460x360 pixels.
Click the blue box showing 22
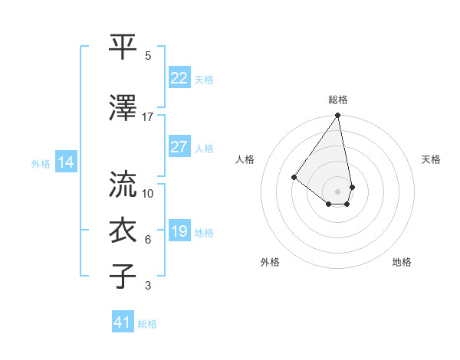[179, 78]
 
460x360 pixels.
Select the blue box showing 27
[179, 147]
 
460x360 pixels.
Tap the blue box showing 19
[179, 231]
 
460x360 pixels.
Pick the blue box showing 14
[65, 162]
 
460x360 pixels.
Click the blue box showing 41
[123, 322]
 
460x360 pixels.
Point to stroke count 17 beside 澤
[148, 117]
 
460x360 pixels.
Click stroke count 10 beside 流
[148, 193]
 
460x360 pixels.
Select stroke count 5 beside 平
[148, 56]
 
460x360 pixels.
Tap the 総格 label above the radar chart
[338, 100]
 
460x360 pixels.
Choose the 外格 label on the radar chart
[270, 262]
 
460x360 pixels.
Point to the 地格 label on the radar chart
[402, 262]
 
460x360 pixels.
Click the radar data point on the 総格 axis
[337, 116]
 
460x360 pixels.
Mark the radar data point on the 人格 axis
[294, 177]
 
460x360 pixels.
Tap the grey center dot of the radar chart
[337, 191]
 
